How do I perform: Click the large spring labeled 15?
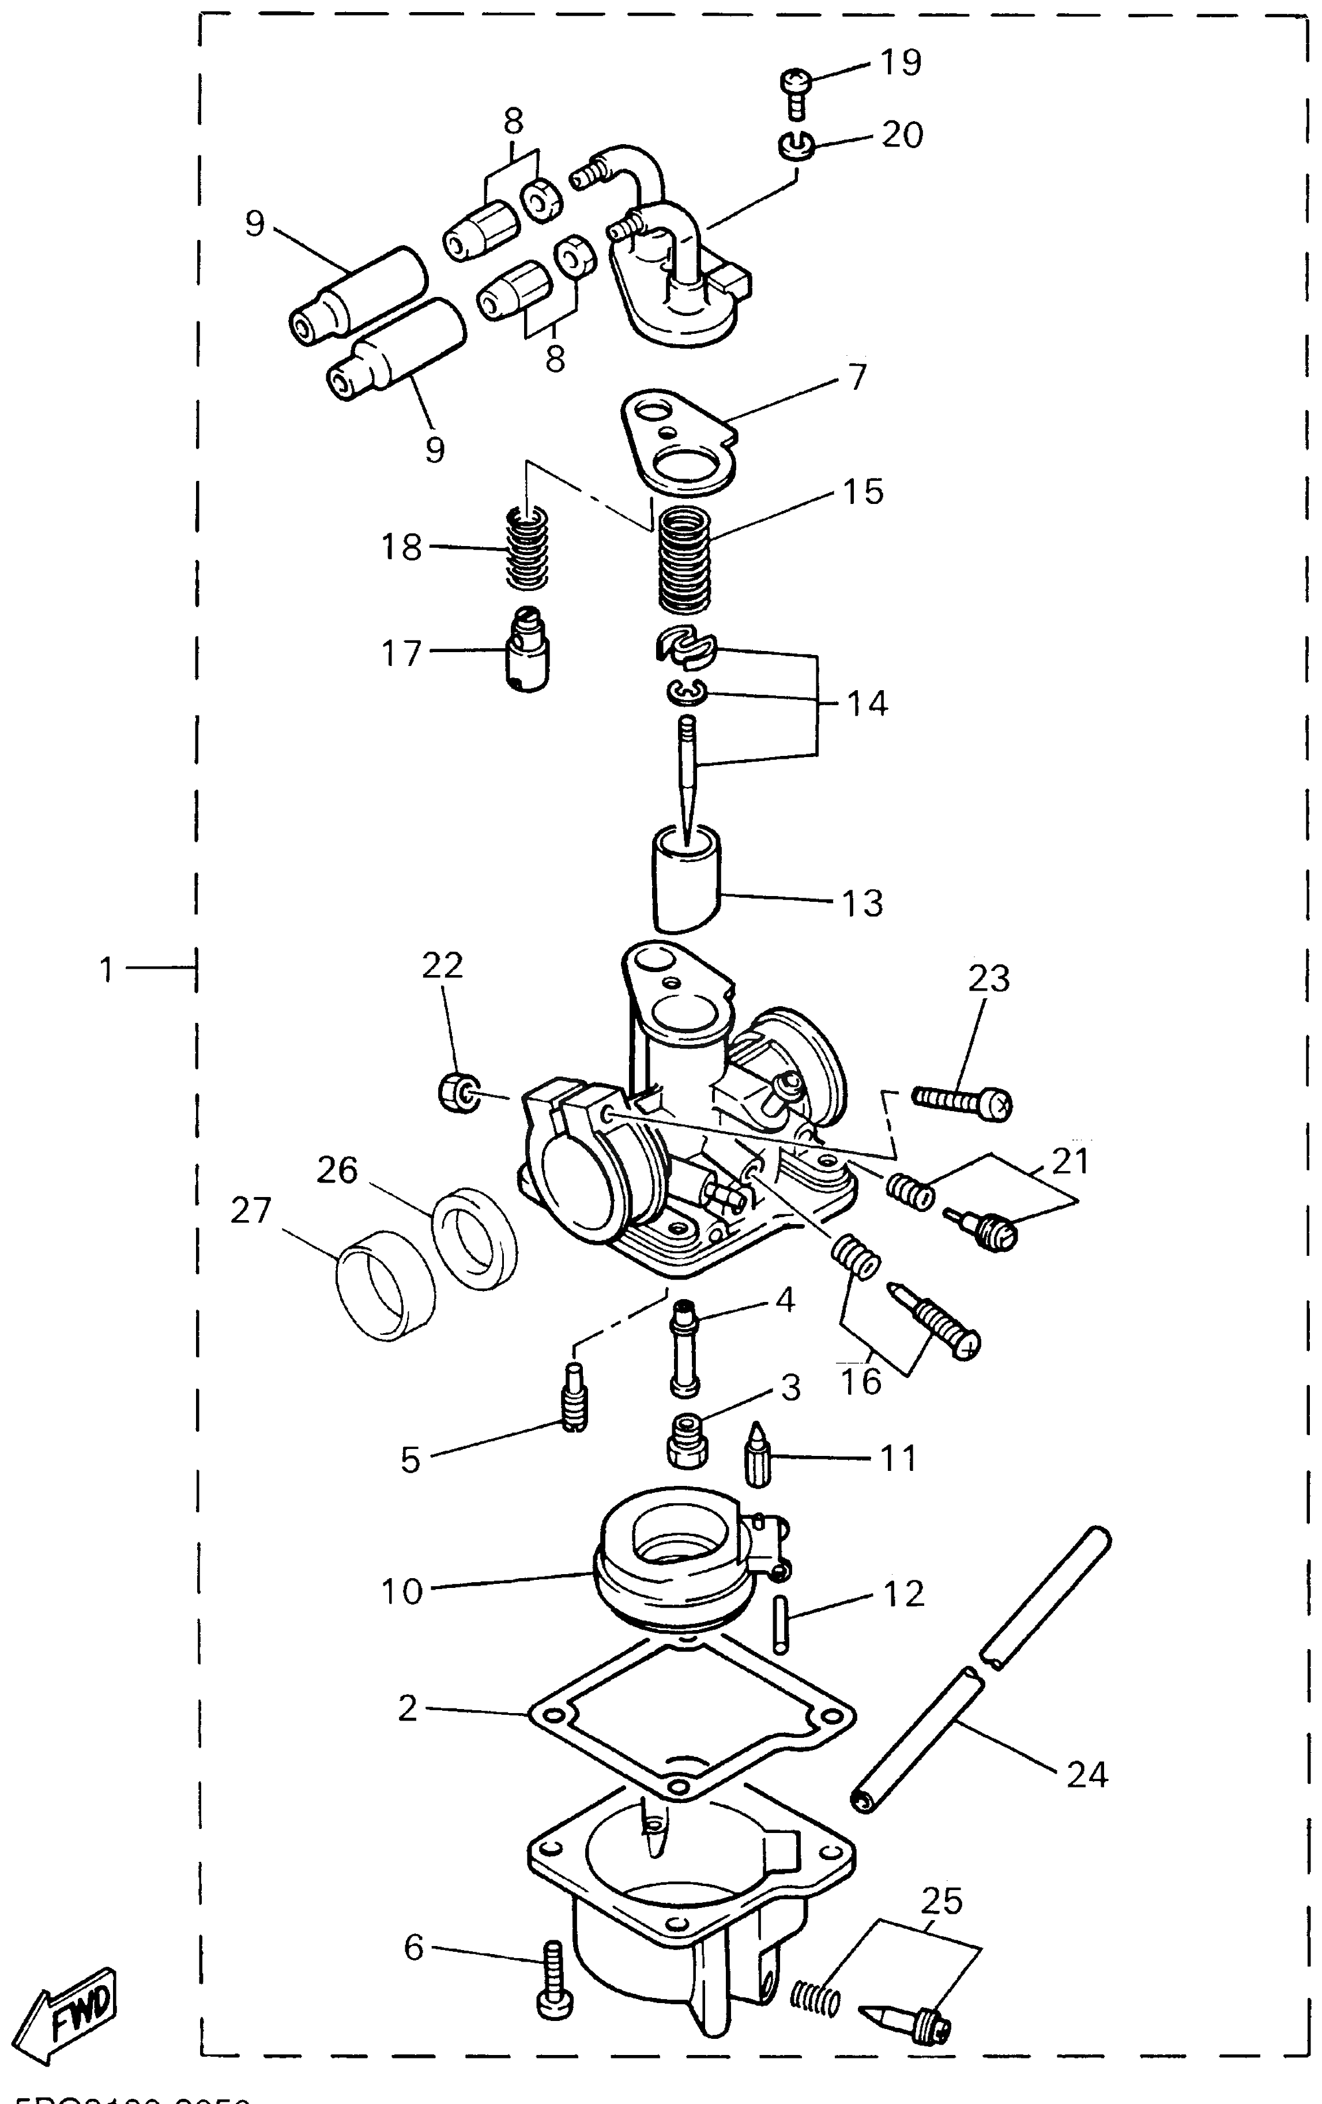point(684,561)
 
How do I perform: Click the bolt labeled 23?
point(961,1102)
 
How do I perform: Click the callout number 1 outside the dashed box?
point(107,969)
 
